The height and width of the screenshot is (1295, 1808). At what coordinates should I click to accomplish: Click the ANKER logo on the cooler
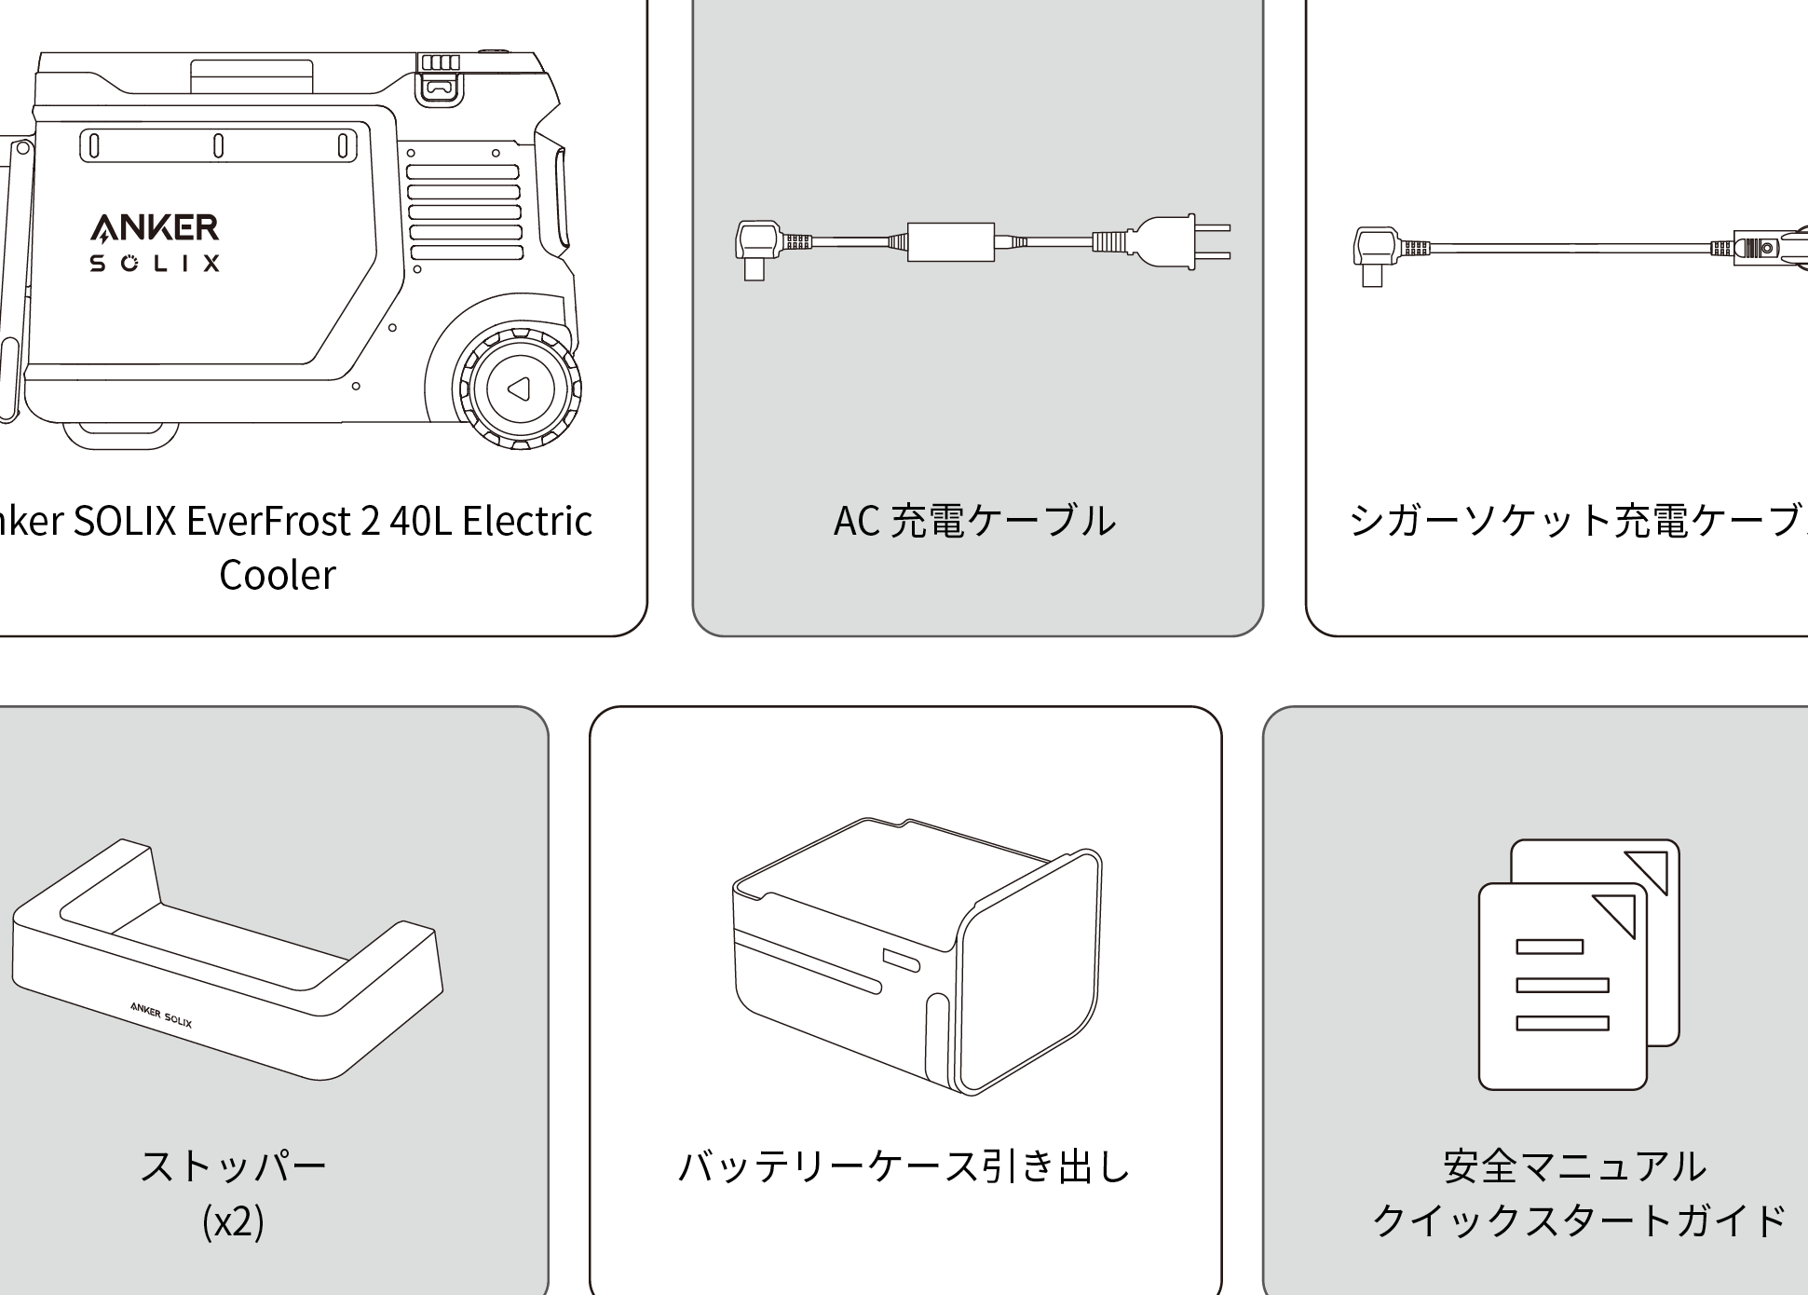click(155, 226)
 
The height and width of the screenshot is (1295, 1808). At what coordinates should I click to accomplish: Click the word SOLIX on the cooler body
click(155, 264)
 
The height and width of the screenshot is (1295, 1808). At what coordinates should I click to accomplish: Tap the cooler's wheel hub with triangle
click(519, 388)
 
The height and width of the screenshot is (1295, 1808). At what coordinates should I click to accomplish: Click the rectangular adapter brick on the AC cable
click(950, 242)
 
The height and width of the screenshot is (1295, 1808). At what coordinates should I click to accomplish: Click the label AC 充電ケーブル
click(974, 521)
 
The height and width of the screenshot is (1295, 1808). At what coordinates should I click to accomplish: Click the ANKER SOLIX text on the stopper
click(161, 1015)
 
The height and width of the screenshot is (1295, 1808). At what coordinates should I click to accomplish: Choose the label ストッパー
click(233, 1166)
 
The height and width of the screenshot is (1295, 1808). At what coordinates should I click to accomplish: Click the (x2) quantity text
click(233, 1221)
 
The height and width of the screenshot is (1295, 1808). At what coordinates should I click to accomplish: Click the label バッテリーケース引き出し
click(904, 1166)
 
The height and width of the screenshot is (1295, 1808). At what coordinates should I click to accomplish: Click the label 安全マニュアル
click(1574, 1166)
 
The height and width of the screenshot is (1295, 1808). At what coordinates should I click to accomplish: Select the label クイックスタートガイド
click(1579, 1221)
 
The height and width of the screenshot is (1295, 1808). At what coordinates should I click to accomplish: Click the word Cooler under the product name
click(277, 575)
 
